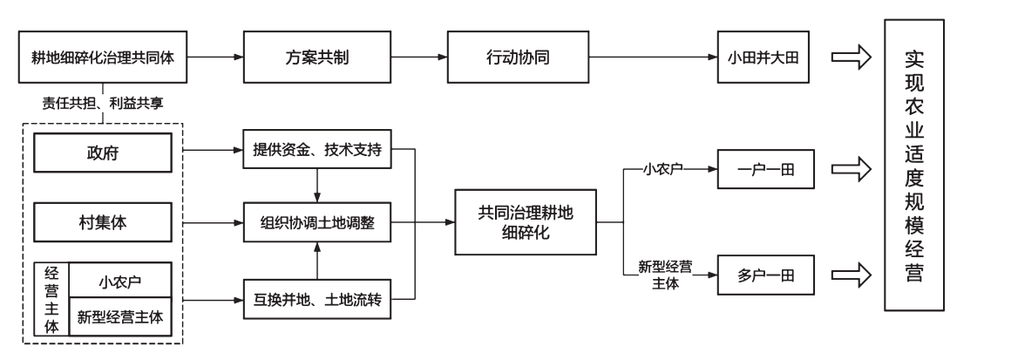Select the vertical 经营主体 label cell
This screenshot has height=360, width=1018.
(51, 299)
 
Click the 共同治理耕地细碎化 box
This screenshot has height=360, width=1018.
(525, 222)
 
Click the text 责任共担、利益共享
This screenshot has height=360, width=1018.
(104, 103)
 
